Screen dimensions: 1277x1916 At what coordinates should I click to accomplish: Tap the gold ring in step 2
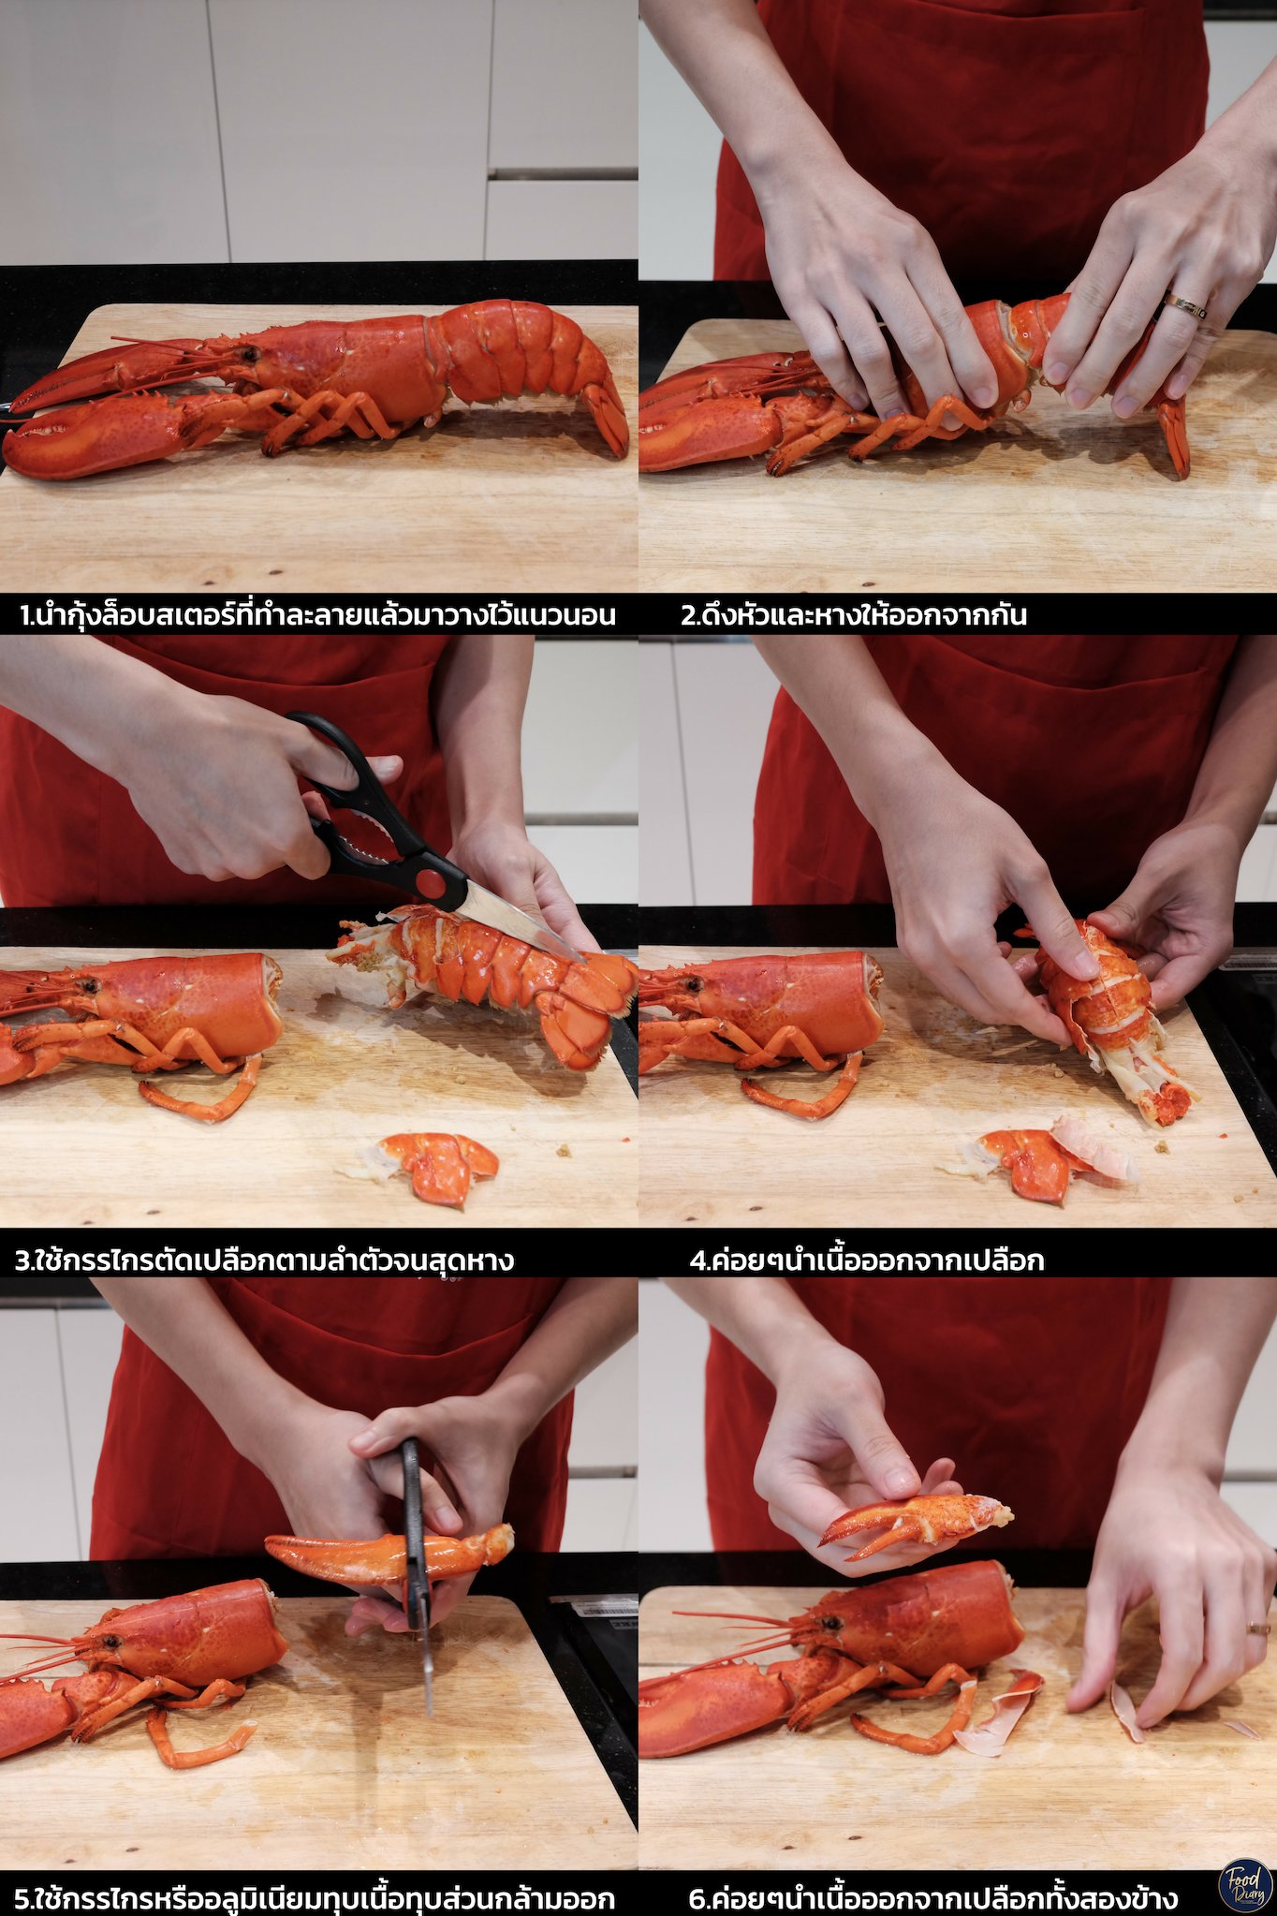click(x=1184, y=306)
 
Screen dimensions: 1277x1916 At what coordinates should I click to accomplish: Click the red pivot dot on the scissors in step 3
click(x=432, y=882)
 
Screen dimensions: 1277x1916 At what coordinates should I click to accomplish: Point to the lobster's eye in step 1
click(x=250, y=354)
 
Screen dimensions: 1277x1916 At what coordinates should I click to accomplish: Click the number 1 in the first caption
click(x=25, y=616)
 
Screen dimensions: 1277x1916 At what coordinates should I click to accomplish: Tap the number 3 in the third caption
click(x=22, y=1260)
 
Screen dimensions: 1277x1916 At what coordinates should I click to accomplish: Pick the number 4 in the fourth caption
click(x=697, y=1260)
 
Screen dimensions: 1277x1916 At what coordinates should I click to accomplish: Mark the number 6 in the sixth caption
click(x=697, y=1899)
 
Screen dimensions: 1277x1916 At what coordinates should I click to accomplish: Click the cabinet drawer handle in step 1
click(x=563, y=173)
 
